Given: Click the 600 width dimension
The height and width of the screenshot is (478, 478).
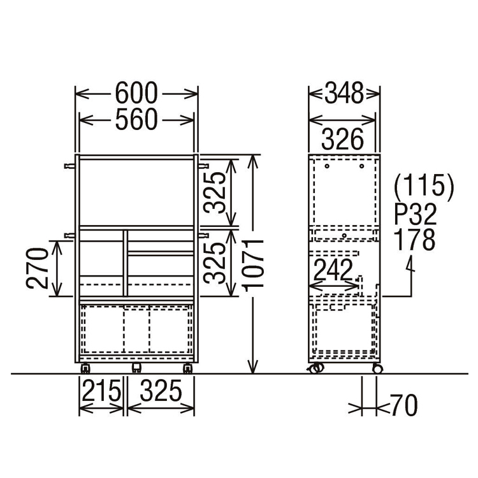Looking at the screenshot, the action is [x=136, y=93].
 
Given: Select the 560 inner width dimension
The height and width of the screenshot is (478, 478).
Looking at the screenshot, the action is [x=136, y=119].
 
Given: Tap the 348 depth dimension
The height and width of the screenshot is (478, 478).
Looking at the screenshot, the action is [x=344, y=92].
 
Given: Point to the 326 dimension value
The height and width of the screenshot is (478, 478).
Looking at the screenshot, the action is [x=343, y=139].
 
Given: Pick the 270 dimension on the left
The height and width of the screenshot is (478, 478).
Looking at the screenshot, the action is [x=37, y=268].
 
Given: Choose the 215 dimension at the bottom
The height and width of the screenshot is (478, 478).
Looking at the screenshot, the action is [x=101, y=391].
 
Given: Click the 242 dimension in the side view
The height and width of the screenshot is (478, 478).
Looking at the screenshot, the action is [x=333, y=270].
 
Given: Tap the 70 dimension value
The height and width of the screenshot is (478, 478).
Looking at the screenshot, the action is [x=404, y=405].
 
